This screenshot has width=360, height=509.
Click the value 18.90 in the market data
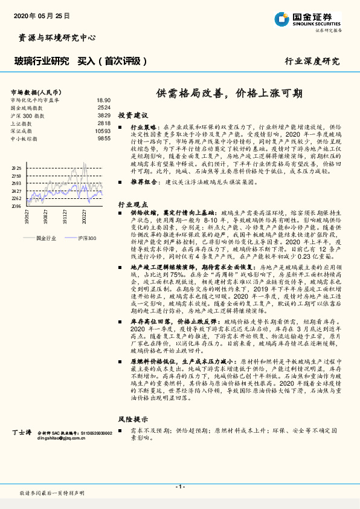tap(103, 100)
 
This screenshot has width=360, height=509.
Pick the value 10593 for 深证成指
tap(103, 131)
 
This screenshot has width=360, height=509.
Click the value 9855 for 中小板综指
tap(104, 138)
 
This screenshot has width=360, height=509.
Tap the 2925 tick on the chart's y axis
tap(16, 168)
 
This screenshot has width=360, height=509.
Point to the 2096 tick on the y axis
tap(16, 206)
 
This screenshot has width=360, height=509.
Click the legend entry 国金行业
tap(46, 238)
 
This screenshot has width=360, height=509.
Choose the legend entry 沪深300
tap(86, 238)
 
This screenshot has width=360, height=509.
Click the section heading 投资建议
tap(133, 115)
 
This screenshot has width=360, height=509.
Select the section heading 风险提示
tap(133, 419)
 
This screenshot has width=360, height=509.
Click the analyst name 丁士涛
tap(21, 433)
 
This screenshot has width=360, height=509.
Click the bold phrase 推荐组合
tap(144, 181)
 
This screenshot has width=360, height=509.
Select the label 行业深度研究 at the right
tap(312, 61)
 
